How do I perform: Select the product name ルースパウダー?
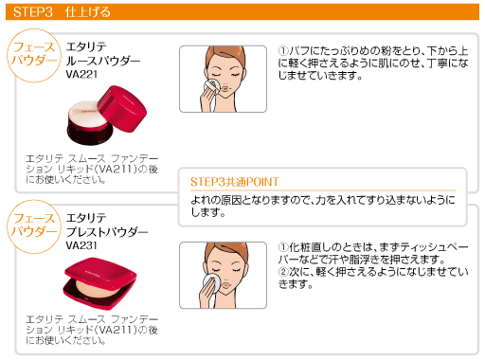point(104,61)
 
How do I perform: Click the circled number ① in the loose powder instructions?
point(284,50)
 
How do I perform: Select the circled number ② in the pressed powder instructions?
point(284,273)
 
